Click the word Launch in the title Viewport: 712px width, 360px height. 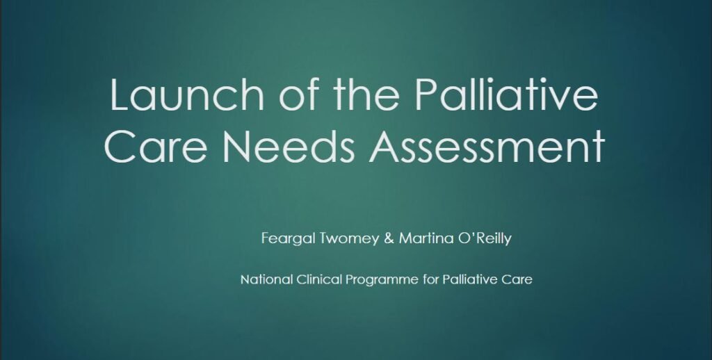pyautogui.click(x=186, y=95)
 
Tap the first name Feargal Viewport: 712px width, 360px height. pyautogui.click(x=288, y=239)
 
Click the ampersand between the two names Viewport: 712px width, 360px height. pyautogui.click(x=389, y=238)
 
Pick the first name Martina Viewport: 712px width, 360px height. pyautogui.click(x=428, y=238)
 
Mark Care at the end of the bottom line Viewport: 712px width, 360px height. pyautogui.click(x=517, y=279)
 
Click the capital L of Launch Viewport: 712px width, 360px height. pyautogui.click(x=120, y=95)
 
